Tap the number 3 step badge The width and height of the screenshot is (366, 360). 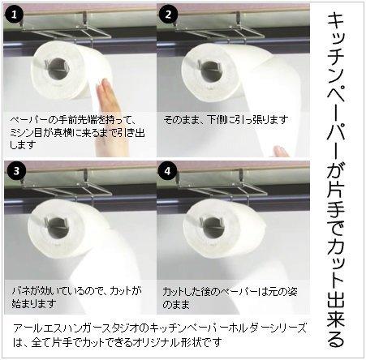pos(16,172)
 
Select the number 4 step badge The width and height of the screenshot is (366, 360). pos(169,172)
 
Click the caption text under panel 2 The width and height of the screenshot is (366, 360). pos(225,119)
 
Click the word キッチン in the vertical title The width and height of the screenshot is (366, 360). pos(341,41)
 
